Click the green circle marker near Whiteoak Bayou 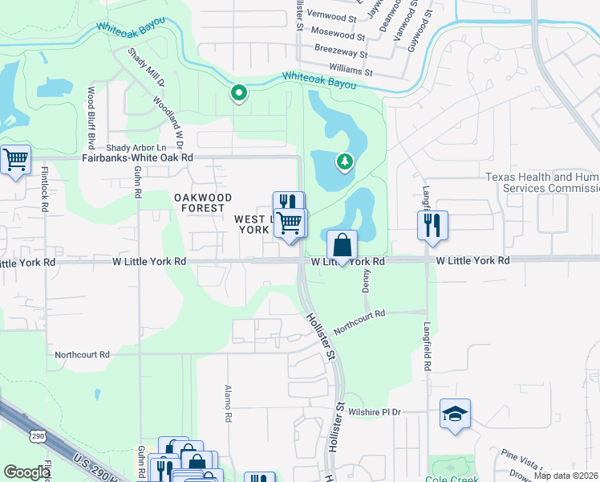coord(238,94)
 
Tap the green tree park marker coord(345,163)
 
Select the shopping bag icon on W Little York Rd coord(342,245)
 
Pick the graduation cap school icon coord(455,414)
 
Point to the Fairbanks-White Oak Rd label coord(137,158)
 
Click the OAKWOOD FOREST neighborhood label coord(203,202)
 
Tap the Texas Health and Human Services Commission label coord(541,182)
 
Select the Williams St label coord(351,71)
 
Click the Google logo coord(26,472)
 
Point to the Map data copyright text coord(566,476)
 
